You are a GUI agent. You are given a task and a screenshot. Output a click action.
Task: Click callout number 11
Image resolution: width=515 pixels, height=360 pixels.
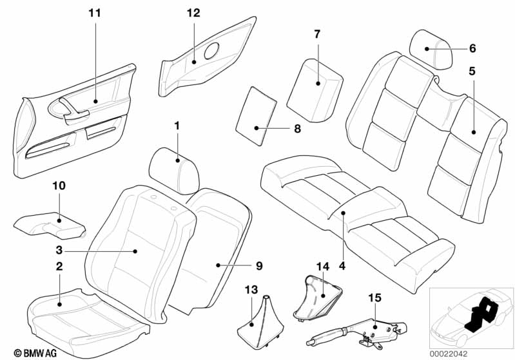95,13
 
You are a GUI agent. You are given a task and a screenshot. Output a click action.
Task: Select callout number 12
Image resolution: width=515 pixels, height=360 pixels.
194,13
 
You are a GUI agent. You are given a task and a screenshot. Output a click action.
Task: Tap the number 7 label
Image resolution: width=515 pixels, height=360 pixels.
317,33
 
